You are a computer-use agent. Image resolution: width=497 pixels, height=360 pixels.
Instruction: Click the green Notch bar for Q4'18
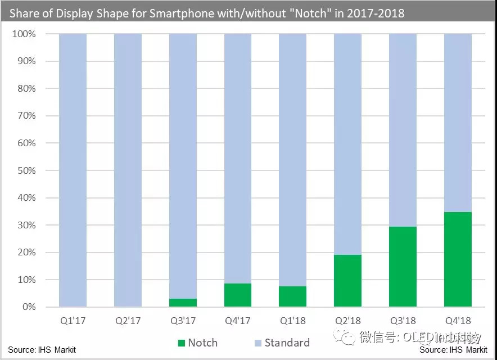pos(458,259)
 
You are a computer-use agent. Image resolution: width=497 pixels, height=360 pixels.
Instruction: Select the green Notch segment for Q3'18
pos(403,267)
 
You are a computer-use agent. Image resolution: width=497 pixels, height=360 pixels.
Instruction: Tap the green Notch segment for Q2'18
pos(347,281)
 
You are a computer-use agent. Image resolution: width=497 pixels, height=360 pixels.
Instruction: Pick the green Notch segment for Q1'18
pos(292,296)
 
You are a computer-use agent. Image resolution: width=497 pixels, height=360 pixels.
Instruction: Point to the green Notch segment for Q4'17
pos(237,295)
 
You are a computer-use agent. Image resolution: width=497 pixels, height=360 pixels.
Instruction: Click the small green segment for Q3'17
pos(183,303)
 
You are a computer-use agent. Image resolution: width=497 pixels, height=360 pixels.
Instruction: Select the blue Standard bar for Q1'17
pos(73,169)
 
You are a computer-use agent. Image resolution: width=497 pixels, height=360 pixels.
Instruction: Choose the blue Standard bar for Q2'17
pos(128,169)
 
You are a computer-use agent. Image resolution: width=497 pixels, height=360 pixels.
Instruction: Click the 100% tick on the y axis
pos(24,34)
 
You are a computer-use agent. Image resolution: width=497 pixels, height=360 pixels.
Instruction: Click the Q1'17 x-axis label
pos(73,321)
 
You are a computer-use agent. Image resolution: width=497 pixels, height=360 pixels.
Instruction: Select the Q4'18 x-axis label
pos(458,321)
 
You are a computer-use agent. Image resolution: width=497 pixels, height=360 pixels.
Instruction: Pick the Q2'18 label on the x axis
pos(347,321)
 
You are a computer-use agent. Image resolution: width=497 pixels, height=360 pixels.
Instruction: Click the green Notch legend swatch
pos(180,343)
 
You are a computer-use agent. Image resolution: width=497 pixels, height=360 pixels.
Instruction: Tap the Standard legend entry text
pos(287,343)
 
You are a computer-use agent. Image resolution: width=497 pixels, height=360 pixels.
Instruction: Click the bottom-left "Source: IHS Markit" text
pos(42,350)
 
